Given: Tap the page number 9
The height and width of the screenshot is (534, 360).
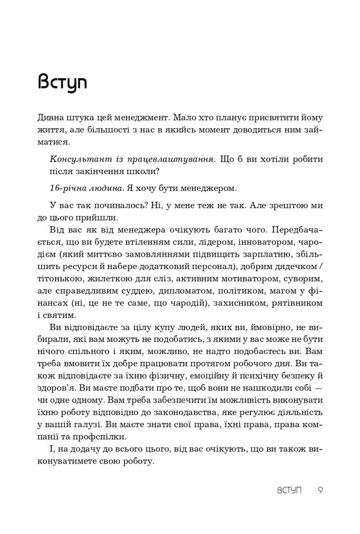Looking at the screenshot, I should [321, 491].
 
